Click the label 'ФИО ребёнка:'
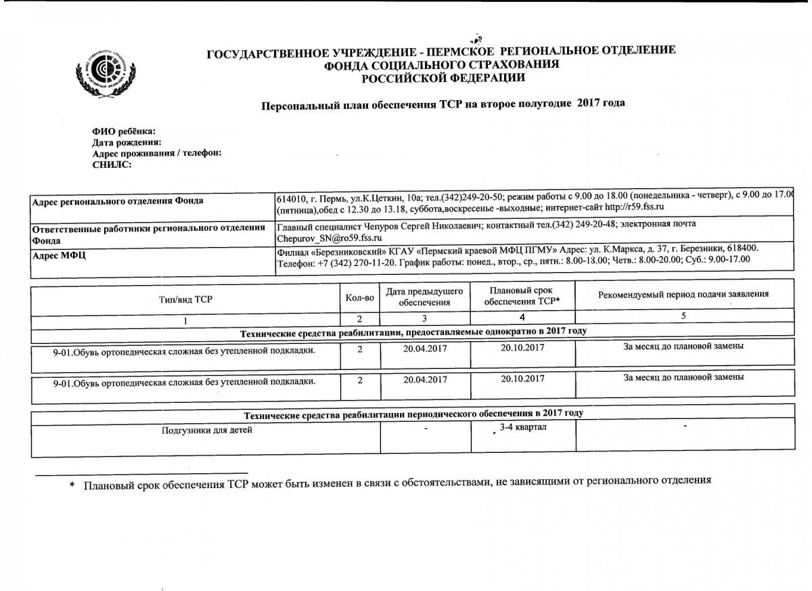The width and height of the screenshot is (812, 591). point(124,131)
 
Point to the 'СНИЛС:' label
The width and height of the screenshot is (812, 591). point(112,164)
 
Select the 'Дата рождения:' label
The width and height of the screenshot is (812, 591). point(127,142)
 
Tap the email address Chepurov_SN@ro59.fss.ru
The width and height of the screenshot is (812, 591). point(330,238)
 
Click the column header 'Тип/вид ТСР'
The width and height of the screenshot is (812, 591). point(185,299)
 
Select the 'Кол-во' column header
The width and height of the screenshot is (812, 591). point(359,298)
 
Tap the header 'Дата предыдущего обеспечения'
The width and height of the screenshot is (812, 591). point(424,297)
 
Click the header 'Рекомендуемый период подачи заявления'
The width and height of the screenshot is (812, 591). point(683,294)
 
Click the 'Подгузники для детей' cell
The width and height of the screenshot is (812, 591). point(206,430)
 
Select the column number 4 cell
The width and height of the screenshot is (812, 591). point(522,317)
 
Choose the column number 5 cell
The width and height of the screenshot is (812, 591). point(683,316)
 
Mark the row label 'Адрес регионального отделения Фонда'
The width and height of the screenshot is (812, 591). point(118,201)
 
